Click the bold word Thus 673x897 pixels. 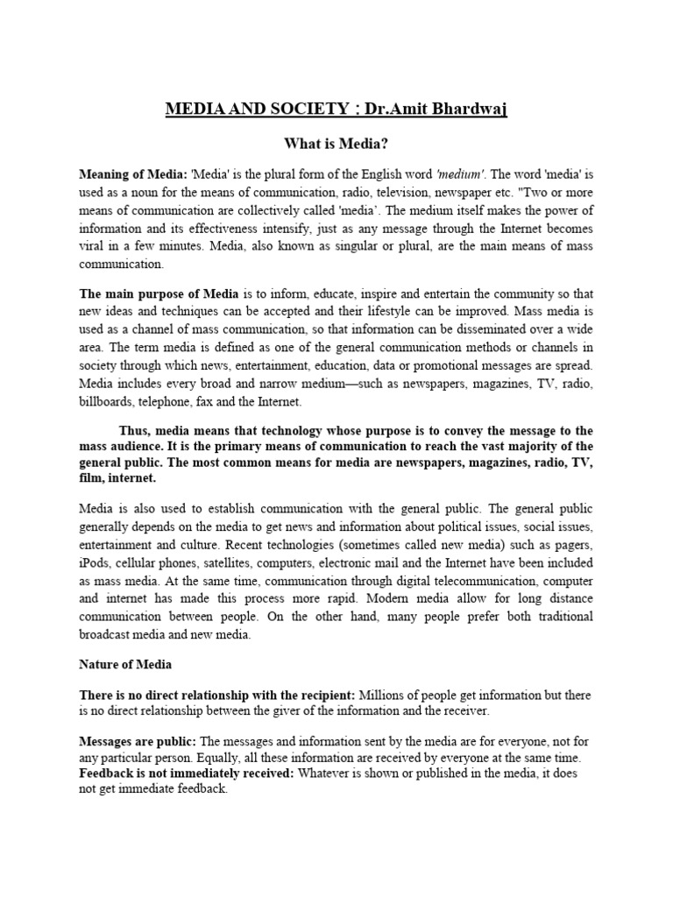pos(136,431)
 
